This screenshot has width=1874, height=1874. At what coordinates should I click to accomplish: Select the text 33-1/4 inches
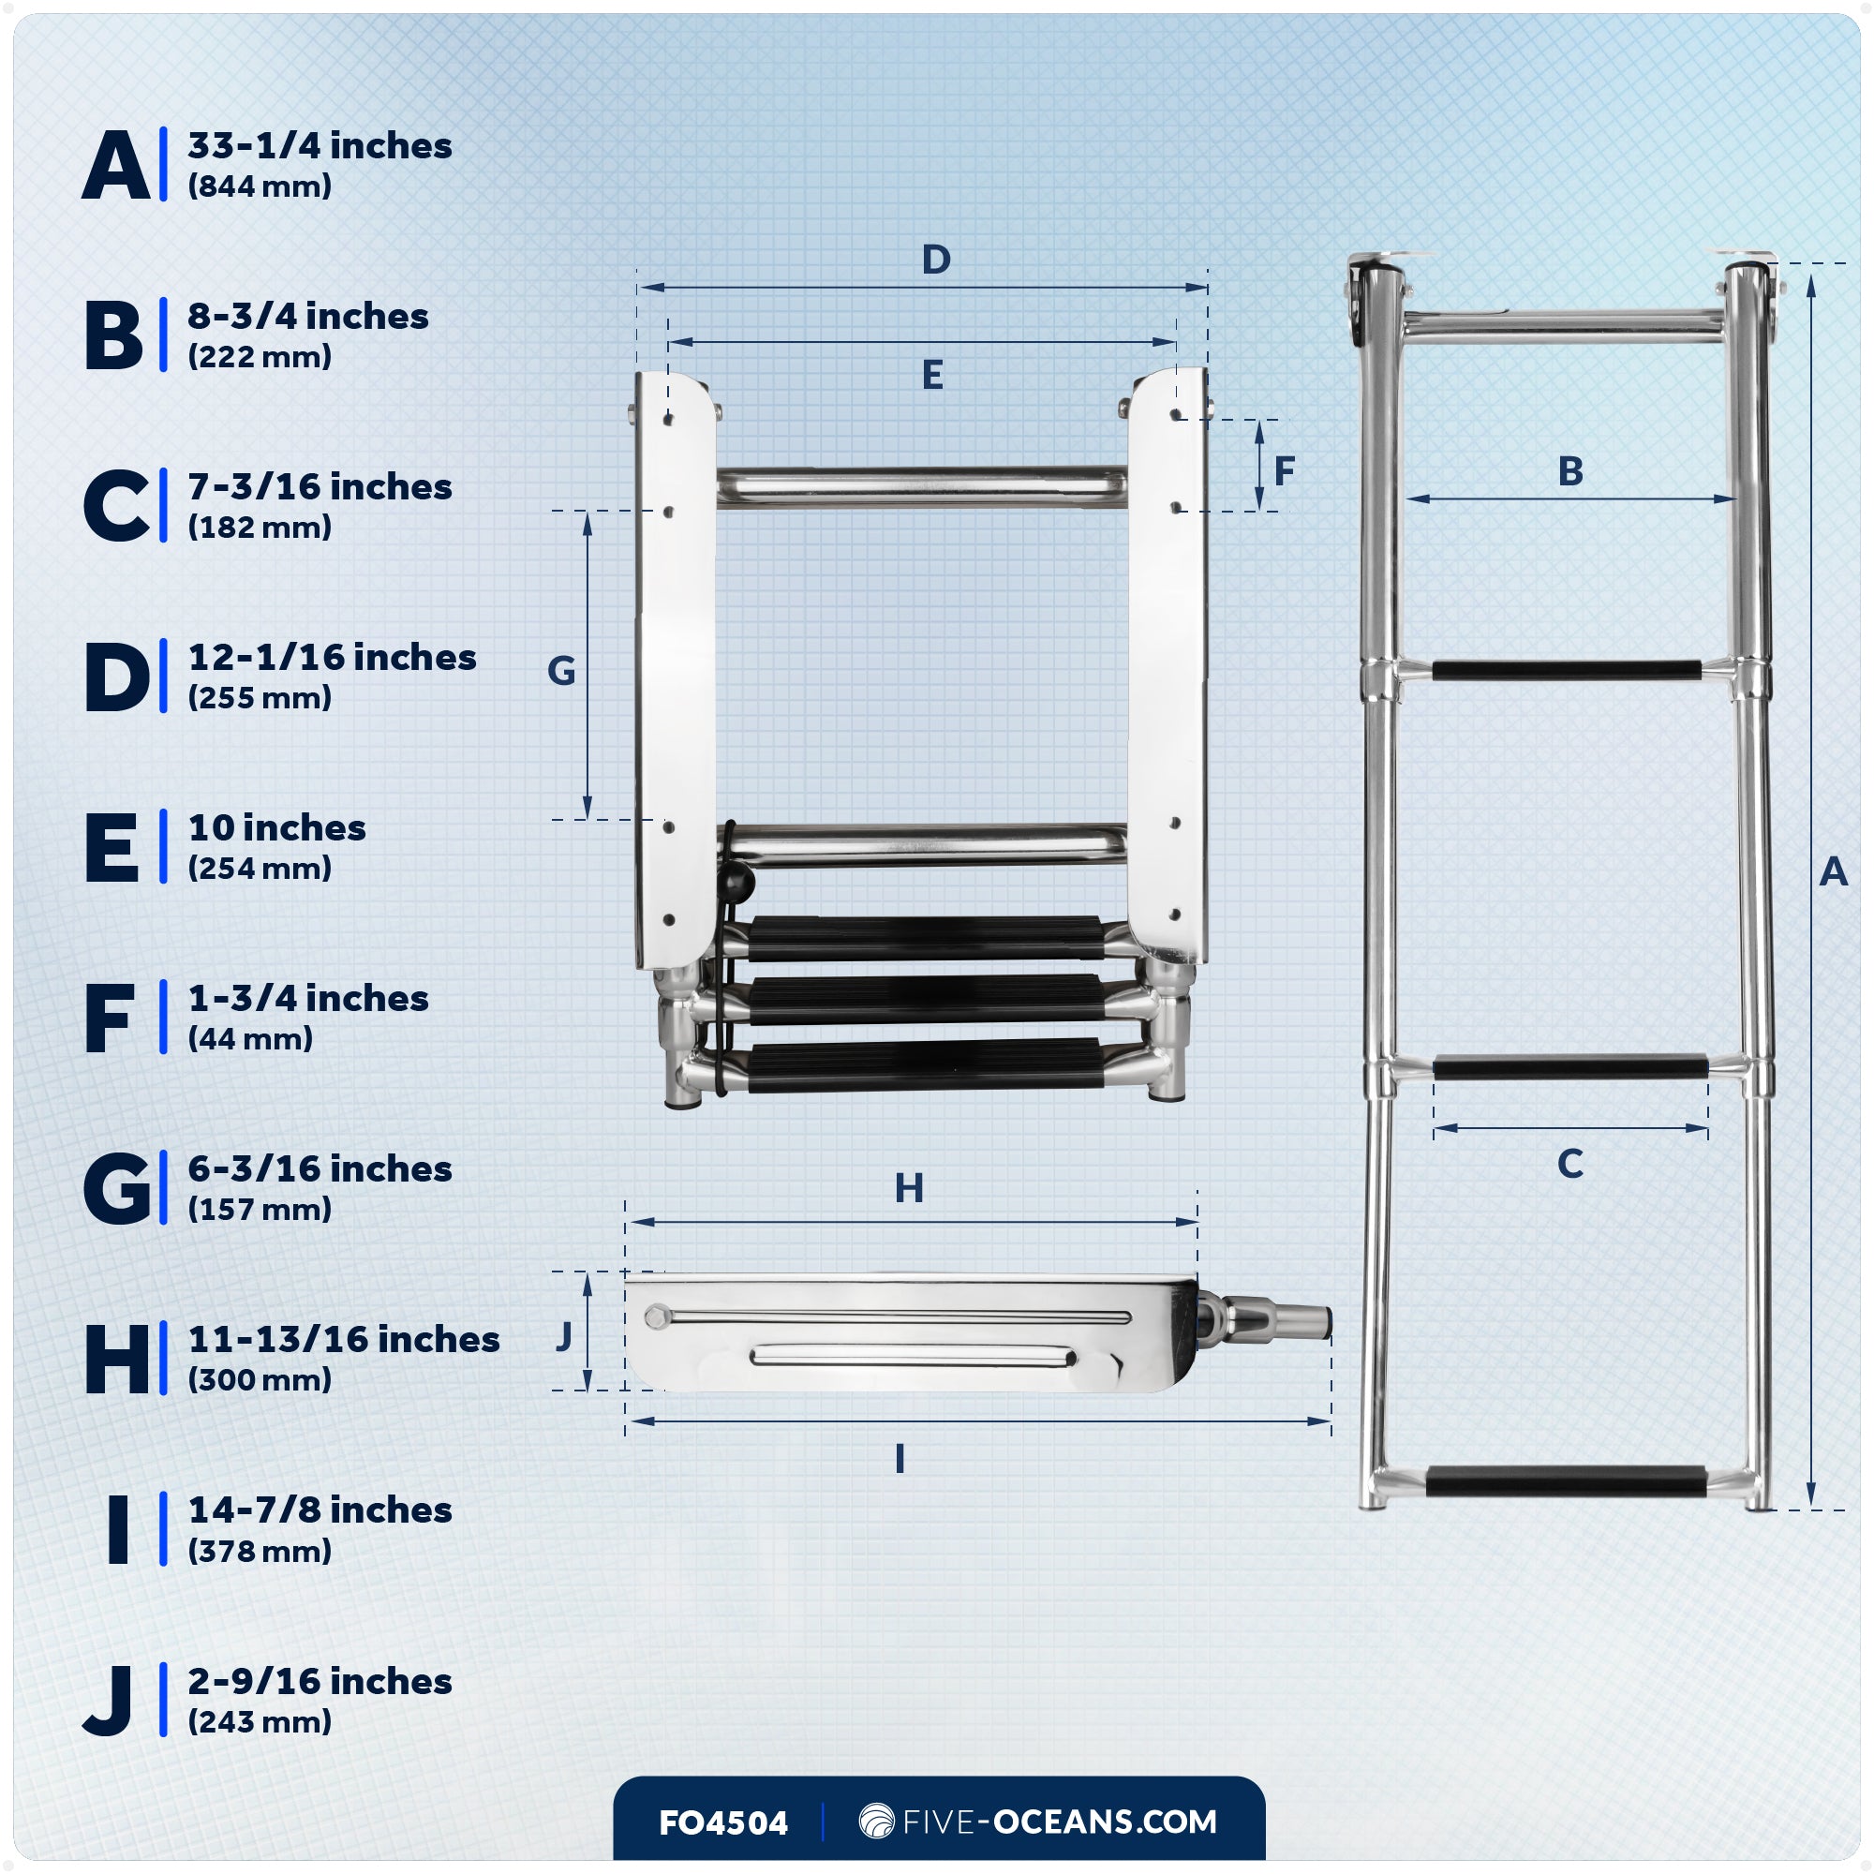click(320, 145)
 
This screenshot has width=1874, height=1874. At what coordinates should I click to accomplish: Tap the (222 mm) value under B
click(259, 357)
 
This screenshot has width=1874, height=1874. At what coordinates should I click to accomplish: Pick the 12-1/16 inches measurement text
click(332, 657)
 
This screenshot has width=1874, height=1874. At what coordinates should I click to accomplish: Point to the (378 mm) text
click(259, 1551)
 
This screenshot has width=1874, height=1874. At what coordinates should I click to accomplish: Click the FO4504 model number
click(722, 1822)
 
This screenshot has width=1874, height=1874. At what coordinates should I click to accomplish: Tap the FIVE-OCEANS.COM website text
click(1059, 1822)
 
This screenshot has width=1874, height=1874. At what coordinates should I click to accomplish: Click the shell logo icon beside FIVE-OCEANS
click(876, 1821)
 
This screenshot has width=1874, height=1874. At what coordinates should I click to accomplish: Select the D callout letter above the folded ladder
click(935, 259)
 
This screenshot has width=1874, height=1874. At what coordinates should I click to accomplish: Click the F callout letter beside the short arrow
click(1285, 471)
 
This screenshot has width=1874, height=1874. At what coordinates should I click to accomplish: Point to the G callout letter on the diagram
click(560, 670)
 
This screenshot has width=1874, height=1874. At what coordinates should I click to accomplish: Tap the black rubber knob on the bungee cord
click(736, 882)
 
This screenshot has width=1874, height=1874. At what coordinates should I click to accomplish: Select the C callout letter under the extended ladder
click(1569, 1163)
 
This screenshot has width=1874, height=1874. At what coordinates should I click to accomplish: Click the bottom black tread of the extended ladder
click(1566, 1481)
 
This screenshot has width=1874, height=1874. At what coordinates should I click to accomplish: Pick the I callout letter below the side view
click(900, 1459)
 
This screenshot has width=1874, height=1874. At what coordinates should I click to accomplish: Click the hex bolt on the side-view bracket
click(659, 1317)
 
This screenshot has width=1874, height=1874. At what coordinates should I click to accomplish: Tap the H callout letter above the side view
click(909, 1188)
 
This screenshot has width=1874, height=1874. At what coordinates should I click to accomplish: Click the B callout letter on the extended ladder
click(1570, 471)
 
